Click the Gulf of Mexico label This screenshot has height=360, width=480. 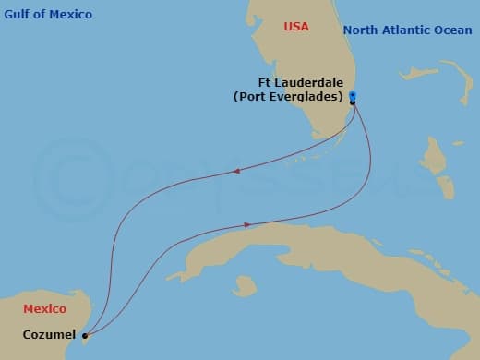(48, 14)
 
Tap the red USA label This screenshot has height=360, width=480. (296, 28)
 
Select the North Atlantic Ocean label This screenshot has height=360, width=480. (401, 30)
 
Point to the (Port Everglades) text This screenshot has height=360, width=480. (288, 96)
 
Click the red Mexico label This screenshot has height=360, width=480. (44, 308)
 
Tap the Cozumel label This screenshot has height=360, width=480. (48, 335)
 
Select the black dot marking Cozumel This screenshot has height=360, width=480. (84, 336)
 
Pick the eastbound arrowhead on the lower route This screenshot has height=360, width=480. (247, 224)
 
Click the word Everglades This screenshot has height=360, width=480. (305, 96)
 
